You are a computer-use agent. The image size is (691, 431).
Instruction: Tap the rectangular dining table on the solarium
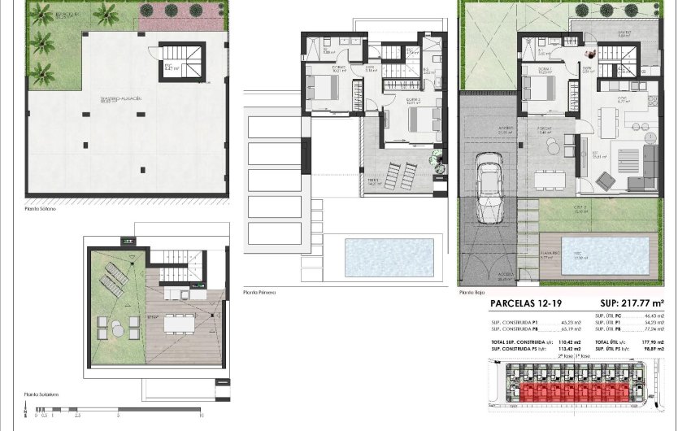point(178,324)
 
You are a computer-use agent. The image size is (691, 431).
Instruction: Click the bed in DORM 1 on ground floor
point(537,83)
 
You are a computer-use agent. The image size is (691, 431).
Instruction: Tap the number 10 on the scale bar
point(200,415)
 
